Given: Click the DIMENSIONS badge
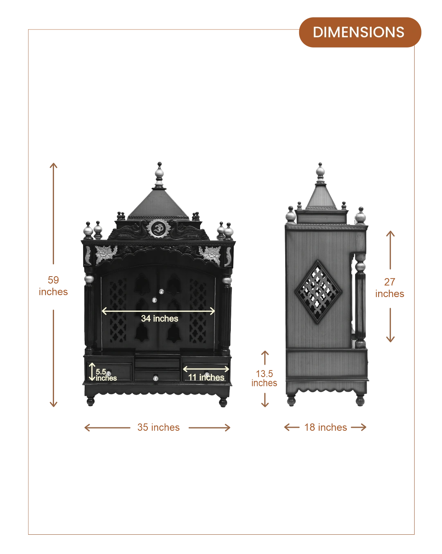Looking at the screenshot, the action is (x=360, y=32).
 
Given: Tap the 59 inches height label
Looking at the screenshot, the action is (x=53, y=286).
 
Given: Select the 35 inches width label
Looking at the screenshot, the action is (x=158, y=427).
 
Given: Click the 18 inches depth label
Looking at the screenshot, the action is (x=325, y=427).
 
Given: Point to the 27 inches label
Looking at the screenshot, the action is (x=390, y=288).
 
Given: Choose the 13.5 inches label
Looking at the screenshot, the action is (x=264, y=378).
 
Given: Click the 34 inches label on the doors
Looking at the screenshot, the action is (x=160, y=319).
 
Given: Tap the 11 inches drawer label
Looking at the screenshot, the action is (x=206, y=377).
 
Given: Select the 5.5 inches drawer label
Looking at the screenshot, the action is (x=106, y=375).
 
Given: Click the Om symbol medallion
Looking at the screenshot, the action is (x=158, y=229).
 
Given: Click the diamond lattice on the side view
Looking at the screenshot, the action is (x=318, y=292).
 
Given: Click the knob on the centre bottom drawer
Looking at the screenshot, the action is (x=156, y=378).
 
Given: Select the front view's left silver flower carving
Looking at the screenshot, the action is (x=106, y=254).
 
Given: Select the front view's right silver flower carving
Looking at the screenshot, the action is (x=210, y=255).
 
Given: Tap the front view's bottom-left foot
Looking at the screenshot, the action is (x=90, y=402).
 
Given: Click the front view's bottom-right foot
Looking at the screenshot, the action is (x=223, y=402).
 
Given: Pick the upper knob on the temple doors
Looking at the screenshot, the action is (x=162, y=291).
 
